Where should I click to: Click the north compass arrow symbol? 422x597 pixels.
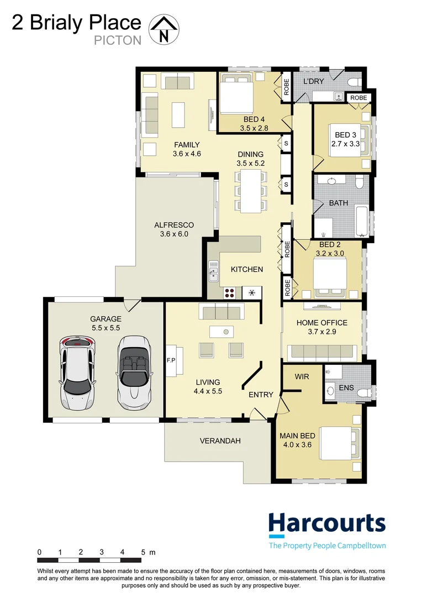(164, 29)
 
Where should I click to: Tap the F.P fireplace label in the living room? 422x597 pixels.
(170, 360)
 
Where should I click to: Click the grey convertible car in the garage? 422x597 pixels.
(133, 371)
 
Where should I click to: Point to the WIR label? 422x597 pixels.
(302, 376)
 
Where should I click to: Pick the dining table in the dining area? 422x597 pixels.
(251, 191)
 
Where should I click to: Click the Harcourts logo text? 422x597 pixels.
(326, 523)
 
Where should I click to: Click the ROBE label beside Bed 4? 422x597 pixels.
(286, 88)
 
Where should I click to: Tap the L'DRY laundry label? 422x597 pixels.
(313, 81)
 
